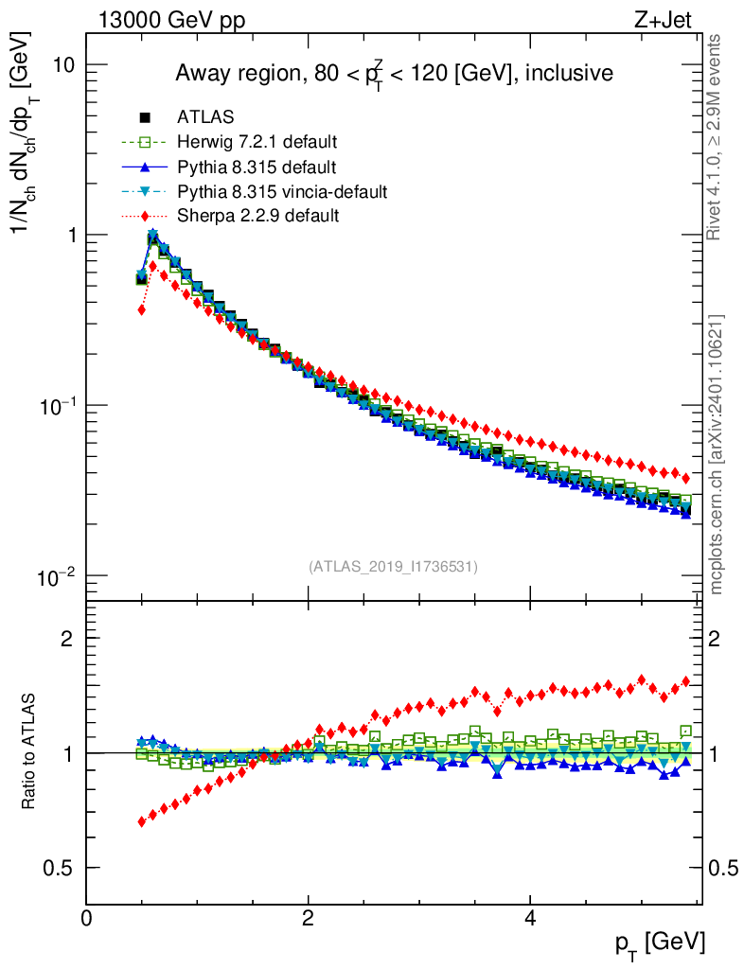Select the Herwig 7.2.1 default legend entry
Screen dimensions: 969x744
(257, 143)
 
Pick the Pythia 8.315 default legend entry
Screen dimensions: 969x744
(256, 167)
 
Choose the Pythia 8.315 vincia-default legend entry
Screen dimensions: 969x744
(281, 192)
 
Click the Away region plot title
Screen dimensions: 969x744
(393, 74)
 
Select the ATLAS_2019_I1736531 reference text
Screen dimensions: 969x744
(393, 567)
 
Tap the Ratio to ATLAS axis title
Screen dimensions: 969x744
(30, 751)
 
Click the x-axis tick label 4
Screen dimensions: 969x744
(530, 917)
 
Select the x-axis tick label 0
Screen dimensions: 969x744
(87, 917)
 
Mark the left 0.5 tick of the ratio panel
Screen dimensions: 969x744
(64, 868)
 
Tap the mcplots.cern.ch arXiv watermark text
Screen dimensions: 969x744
(717, 454)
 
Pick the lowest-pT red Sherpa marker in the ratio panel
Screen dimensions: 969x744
(142, 821)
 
